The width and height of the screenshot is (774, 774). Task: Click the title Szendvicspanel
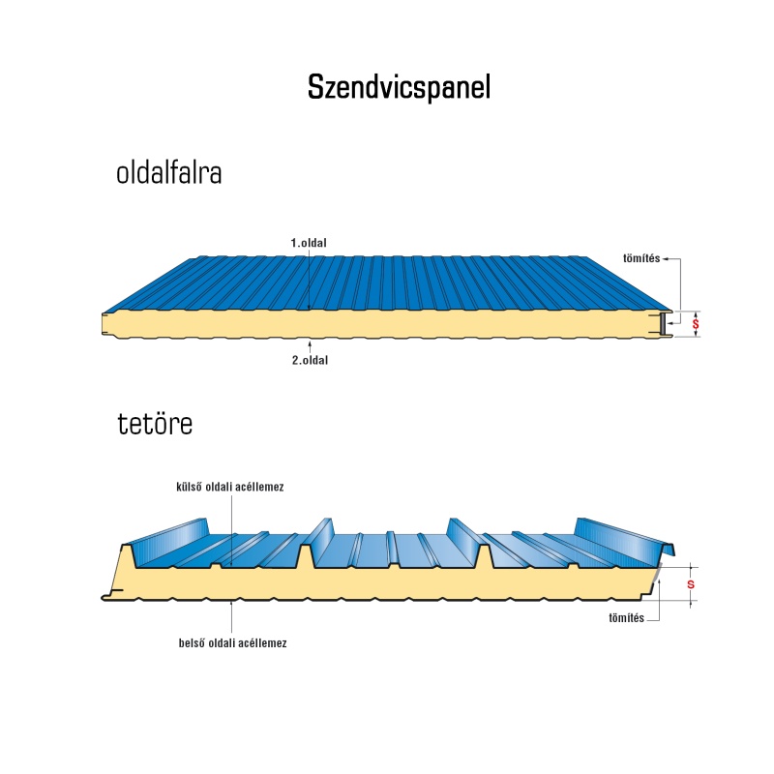click(x=399, y=88)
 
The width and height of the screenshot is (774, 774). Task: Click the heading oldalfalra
click(x=168, y=173)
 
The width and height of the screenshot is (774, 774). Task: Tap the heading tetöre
click(x=155, y=424)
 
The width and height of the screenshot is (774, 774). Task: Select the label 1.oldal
click(x=309, y=243)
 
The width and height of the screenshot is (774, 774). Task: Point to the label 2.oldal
click(x=310, y=360)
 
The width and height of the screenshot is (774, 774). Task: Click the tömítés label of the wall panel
click(x=641, y=258)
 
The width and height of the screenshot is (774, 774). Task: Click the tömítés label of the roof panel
click(x=626, y=618)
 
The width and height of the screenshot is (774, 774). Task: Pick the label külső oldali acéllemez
click(x=230, y=487)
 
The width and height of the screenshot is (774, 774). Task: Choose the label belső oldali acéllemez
click(x=232, y=643)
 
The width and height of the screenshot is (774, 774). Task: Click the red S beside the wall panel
click(x=696, y=324)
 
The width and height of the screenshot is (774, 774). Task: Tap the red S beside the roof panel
click(x=691, y=584)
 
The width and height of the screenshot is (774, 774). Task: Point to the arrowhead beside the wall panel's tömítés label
click(x=665, y=258)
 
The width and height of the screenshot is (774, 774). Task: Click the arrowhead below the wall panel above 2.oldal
click(x=310, y=342)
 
